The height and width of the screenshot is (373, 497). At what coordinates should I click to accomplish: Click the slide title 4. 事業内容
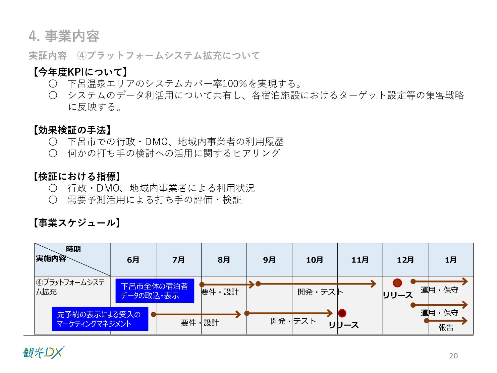pyautogui.click(x=64, y=36)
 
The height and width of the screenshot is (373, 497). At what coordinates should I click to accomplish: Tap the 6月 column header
pyautogui.click(x=133, y=260)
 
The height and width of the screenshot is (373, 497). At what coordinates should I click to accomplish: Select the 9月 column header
pyautogui.click(x=269, y=260)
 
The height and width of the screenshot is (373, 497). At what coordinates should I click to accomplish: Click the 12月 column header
pyautogui.click(x=405, y=260)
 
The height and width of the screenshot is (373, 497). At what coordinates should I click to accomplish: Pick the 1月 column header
pyautogui.click(x=451, y=260)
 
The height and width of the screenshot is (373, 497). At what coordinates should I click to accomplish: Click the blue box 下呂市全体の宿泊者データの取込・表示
pyautogui.click(x=155, y=291)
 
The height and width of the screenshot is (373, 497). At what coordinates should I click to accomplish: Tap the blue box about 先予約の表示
pyautogui.click(x=100, y=319)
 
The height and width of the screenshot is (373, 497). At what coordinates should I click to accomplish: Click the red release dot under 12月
pyautogui.click(x=397, y=283)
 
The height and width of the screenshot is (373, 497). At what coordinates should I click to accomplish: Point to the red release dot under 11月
pyautogui.click(x=342, y=313)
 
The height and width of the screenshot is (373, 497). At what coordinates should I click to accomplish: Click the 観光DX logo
pyautogui.click(x=44, y=353)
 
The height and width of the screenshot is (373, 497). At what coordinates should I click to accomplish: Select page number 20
pyautogui.click(x=453, y=356)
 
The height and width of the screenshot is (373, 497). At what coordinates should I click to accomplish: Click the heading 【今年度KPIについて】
pyautogui.click(x=80, y=72)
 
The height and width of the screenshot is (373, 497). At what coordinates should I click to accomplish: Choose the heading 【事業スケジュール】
pyautogui.click(x=77, y=223)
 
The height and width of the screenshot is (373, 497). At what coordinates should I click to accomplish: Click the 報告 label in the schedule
pyautogui.click(x=446, y=328)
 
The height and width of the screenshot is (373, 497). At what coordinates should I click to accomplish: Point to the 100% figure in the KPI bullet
pyautogui.click(x=235, y=84)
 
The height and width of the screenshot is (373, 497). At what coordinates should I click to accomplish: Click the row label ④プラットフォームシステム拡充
pyautogui.click(x=70, y=287)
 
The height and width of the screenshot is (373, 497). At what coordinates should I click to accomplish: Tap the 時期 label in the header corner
pyautogui.click(x=73, y=249)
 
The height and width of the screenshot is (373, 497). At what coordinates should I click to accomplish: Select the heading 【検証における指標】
pyautogui.click(x=77, y=176)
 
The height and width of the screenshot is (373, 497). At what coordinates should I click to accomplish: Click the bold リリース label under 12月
pyautogui.click(x=398, y=295)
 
